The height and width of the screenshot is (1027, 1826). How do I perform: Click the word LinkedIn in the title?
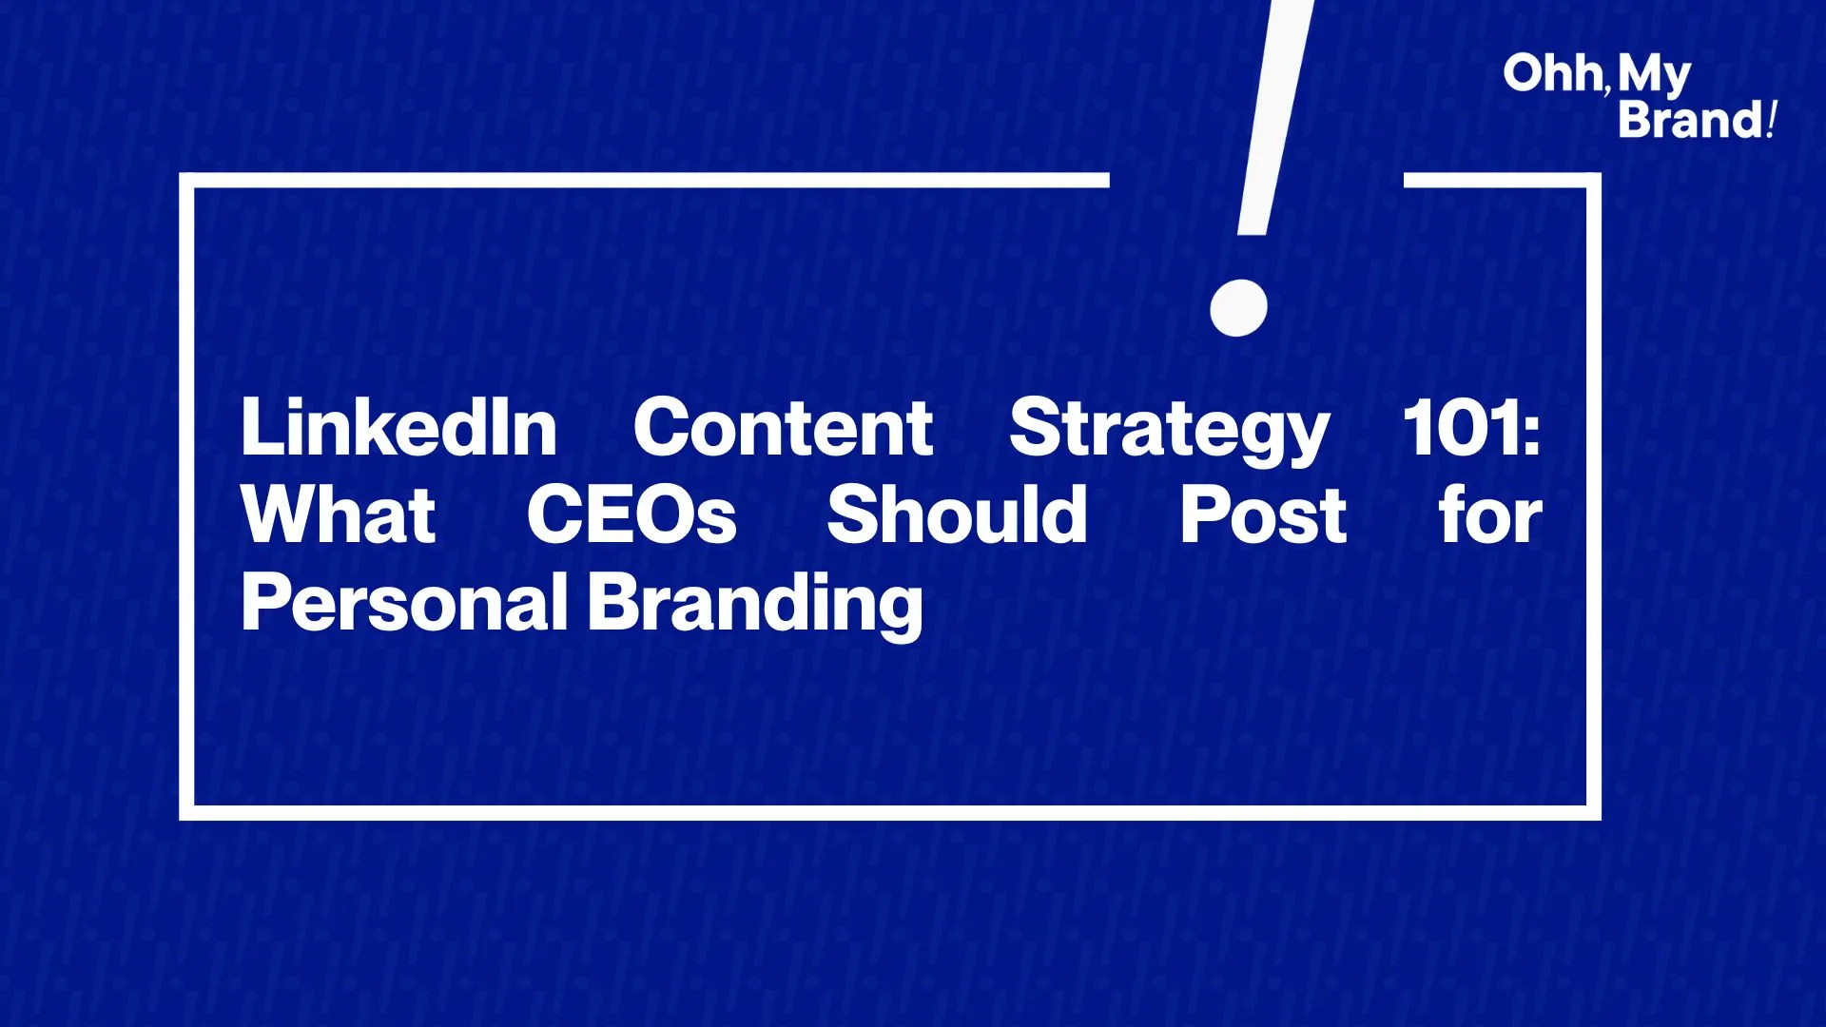[398, 428]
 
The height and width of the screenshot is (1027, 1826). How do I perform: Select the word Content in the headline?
[783, 428]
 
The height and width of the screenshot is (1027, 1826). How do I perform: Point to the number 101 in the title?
[1461, 428]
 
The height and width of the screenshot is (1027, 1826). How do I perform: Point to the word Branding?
[756, 606]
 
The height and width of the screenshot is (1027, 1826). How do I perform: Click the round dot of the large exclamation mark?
[1238, 307]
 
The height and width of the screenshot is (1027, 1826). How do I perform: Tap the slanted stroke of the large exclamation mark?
[1275, 117]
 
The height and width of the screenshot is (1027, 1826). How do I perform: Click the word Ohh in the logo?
[1552, 73]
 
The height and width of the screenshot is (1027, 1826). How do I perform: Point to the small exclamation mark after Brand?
[1770, 120]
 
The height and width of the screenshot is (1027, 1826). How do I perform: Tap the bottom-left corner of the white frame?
[186, 813]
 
